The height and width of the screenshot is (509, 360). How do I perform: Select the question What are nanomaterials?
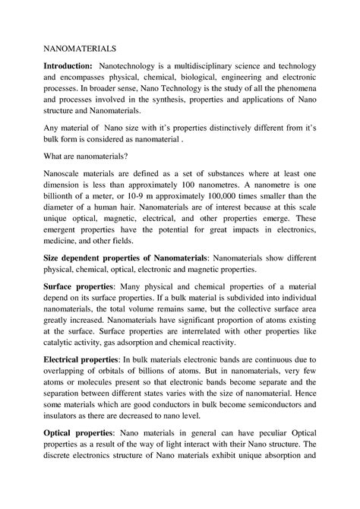90,155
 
